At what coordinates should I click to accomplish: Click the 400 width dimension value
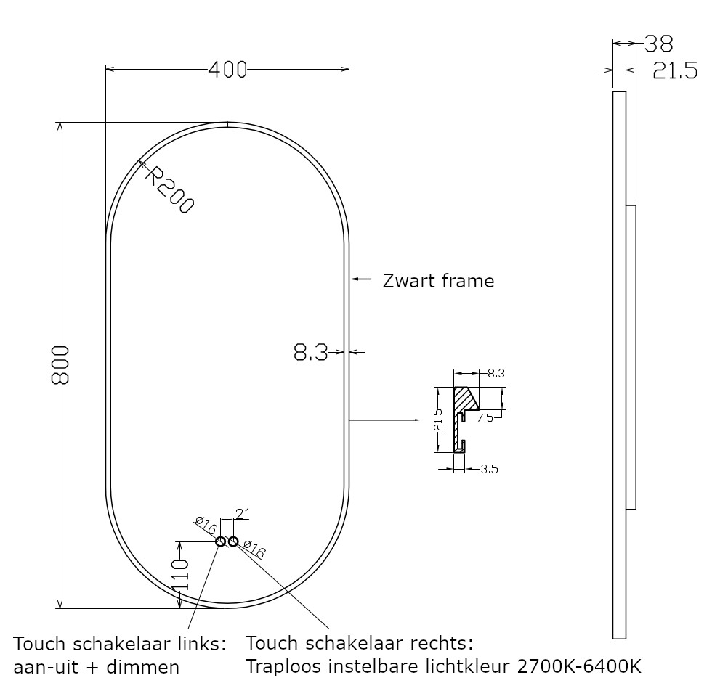coord(227,70)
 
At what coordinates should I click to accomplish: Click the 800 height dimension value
coord(61,365)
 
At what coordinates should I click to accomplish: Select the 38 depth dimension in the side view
coord(658,44)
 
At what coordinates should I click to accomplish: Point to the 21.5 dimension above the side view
coord(674,70)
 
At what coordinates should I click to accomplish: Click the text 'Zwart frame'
coord(438,281)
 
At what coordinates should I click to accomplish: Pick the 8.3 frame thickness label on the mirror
coord(310,353)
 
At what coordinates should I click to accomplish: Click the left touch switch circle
coord(221,541)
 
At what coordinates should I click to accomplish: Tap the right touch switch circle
coord(232,541)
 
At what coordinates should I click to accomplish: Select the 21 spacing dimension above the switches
coord(242,514)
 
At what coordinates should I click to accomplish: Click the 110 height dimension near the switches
coord(180,573)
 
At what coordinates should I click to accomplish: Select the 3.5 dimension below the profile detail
coord(489,469)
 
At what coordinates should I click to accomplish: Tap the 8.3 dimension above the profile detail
coord(496,373)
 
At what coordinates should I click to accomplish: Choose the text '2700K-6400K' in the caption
coord(579,665)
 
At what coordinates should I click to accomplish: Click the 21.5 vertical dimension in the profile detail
coord(438,420)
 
